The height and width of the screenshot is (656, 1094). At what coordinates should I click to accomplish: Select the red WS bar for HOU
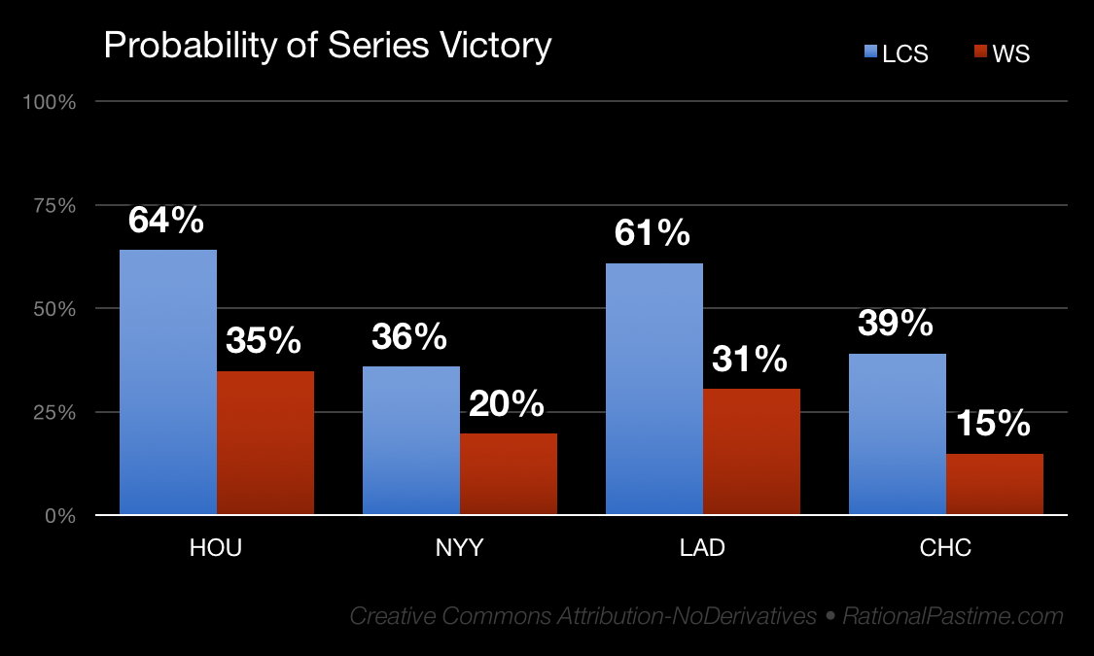tap(265, 442)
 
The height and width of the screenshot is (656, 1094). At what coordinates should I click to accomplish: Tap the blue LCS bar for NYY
tap(411, 440)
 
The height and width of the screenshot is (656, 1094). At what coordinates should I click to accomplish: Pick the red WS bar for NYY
tap(509, 473)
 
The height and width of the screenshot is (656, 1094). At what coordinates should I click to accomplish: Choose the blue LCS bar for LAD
tap(654, 389)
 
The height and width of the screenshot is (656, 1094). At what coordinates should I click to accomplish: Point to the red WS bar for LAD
tap(752, 451)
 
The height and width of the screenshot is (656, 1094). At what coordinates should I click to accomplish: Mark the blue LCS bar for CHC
tap(898, 433)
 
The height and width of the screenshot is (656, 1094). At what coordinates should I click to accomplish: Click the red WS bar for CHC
tap(995, 484)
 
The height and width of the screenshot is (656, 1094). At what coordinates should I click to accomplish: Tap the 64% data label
tap(166, 221)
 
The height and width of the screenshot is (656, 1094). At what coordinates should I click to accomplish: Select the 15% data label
tap(993, 424)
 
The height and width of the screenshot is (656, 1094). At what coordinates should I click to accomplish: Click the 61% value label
tap(653, 233)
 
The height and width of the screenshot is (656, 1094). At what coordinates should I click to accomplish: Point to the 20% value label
tap(507, 403)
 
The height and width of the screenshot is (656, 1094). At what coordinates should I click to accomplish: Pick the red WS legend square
tap(980, 52)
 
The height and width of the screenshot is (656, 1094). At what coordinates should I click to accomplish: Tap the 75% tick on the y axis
tap(56, 205)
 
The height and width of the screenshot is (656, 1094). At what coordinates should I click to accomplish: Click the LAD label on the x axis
tap(702, 548)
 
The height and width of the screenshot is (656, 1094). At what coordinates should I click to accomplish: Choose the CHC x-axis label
tap(945, 548)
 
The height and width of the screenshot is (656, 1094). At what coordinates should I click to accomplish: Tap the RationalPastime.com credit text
tap(953, 616)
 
